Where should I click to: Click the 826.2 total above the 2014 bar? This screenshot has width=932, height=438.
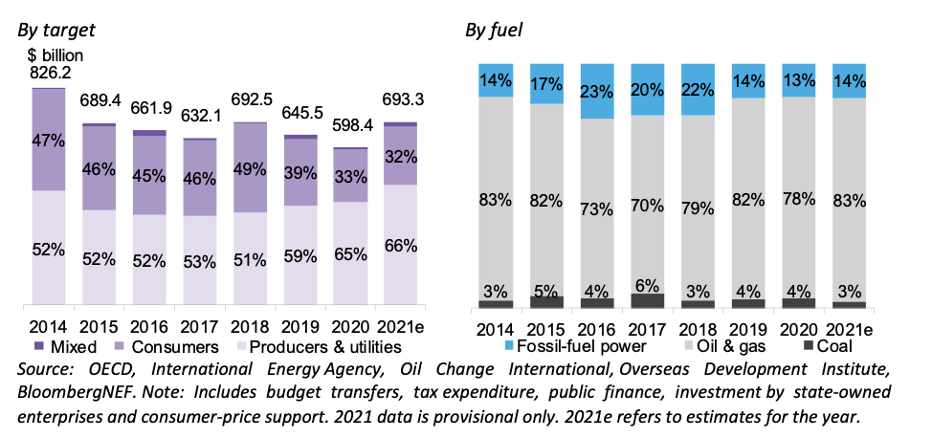click(x=51, y=72)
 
